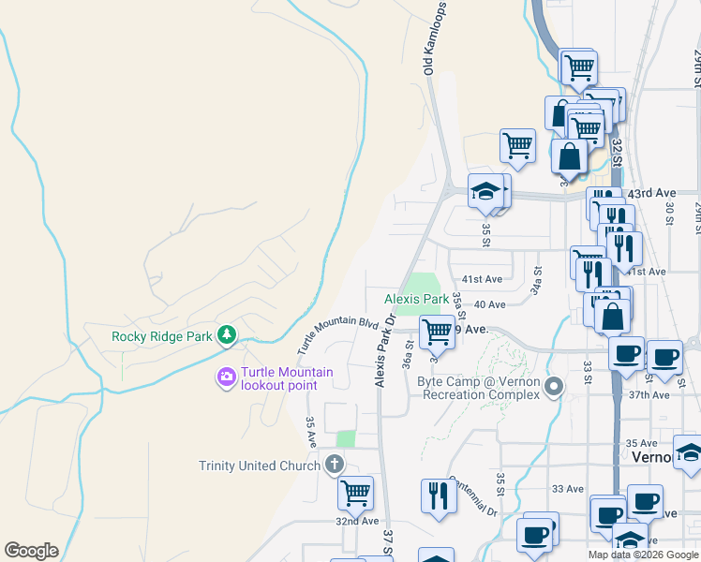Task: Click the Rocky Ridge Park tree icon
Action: (226, 334)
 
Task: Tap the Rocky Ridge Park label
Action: (163, 336)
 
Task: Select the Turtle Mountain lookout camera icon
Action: (226, 377)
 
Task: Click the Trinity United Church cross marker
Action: (334, 464)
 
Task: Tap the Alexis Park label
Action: (416, 299)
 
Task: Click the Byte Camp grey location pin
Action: (555, 385)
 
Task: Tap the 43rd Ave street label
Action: (652, 193)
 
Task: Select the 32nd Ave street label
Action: (357, 521)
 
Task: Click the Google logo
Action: (31, 551)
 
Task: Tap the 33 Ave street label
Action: (568, 489)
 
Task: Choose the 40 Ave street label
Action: (489, 304)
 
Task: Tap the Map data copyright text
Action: (644, 555)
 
